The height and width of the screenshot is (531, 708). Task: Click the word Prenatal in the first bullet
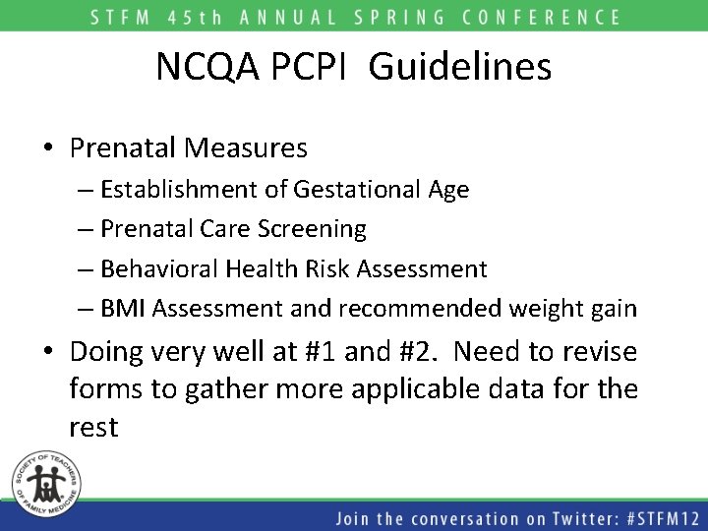pyautogui.click(x=123, y=148)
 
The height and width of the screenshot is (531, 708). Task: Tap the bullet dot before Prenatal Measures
pyautogui.click(x=48, y=149)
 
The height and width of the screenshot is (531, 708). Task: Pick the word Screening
pyautogui.click(x=311, y=229)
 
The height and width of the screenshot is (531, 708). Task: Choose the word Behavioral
pyautogui.click(x=159, y=268)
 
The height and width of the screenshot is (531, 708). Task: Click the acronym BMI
pyautogui.click(x=124, y=309)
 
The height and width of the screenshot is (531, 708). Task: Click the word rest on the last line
pyautogui.click(x=93, y=428)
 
